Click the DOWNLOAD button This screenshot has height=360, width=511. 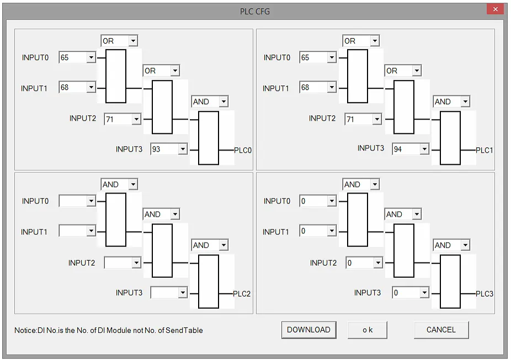308,330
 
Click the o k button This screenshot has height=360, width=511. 368,330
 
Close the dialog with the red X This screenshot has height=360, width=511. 496,9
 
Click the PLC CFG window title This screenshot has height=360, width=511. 255,12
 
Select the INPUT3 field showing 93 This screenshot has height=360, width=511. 169,149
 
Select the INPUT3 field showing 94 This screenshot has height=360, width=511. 411,149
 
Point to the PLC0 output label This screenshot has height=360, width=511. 243,151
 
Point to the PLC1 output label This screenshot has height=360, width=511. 485,151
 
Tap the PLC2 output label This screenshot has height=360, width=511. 242,294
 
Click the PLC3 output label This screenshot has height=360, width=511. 485,294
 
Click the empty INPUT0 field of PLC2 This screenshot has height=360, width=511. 77,201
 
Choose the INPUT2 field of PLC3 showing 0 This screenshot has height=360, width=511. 364,262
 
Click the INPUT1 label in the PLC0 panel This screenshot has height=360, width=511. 34,89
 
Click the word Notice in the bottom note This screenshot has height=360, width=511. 25,330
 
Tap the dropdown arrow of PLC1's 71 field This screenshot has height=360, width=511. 377,119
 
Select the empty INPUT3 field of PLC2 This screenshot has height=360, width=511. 169,292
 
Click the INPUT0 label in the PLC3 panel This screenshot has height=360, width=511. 276,201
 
